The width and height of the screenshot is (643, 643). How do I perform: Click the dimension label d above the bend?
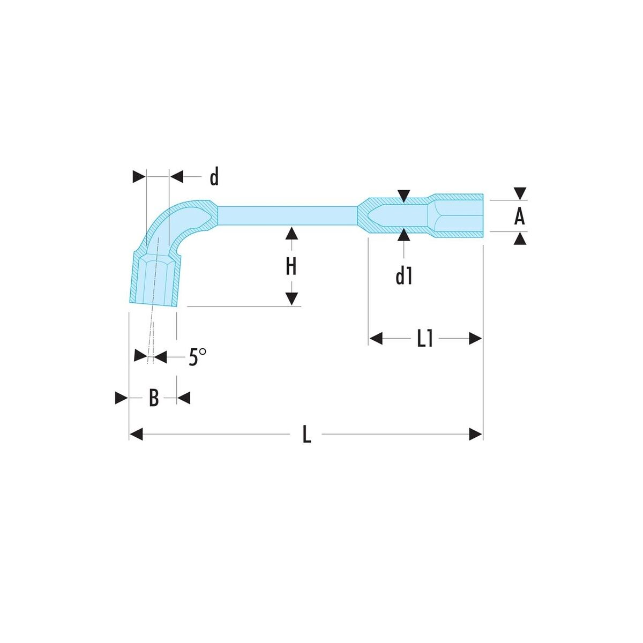214,176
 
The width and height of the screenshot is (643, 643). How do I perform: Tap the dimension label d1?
403,275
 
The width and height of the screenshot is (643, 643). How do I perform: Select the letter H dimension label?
291,266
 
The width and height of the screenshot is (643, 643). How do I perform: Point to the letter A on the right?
519,216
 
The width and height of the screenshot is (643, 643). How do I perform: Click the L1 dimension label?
425,339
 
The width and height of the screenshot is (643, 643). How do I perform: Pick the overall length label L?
306,435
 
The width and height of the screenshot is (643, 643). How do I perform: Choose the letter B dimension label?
154,398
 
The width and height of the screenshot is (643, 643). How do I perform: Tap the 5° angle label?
197,357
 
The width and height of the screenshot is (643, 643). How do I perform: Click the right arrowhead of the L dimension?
476,435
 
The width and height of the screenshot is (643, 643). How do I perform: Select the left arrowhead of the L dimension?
136,435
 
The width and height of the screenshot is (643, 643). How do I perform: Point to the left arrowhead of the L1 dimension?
376,339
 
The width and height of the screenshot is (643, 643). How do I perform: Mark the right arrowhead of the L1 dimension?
476,339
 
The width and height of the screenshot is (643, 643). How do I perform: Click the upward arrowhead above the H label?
291,233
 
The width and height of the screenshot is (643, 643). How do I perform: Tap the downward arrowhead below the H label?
291,299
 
